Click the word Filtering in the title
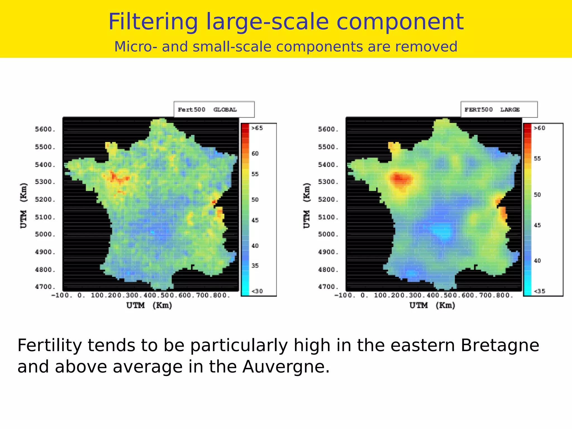pyautogui.click(x=153, y=22)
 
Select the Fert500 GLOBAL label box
pyautogui.click(x=214, y=109)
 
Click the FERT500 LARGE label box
pyautogui.click(x=499, y=109)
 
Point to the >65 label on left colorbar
pyautogui.click(x=257, y=128)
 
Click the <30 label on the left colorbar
pyautogui.click(x=257, y=291)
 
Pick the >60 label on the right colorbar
pyautogui.click(x=539, y=128)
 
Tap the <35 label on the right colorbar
pyautogui.click(x=539, y=291)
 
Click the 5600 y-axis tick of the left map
pyautogui.click(x=45, y=129)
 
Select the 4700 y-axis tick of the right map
pyautogui.click(x=328, y=287)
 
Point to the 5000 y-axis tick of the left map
pyautogui.click(x=45, y=234)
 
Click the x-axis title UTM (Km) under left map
pyautogui.click(x=149, y=305)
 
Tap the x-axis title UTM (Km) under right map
pyautogui.click(x=432, y=305)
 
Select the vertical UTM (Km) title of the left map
pyautogui.click(x=24, y=206)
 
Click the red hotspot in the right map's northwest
pyautogui.click(x=400, y=179)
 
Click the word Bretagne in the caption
pyautogui.click(x=500, y=345)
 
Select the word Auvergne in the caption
pyautogui.click(x=286, y=367)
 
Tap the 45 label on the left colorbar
pyautogui.click(x=255, y=220)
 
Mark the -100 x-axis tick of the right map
pyautogui.click(x=345, y=295)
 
